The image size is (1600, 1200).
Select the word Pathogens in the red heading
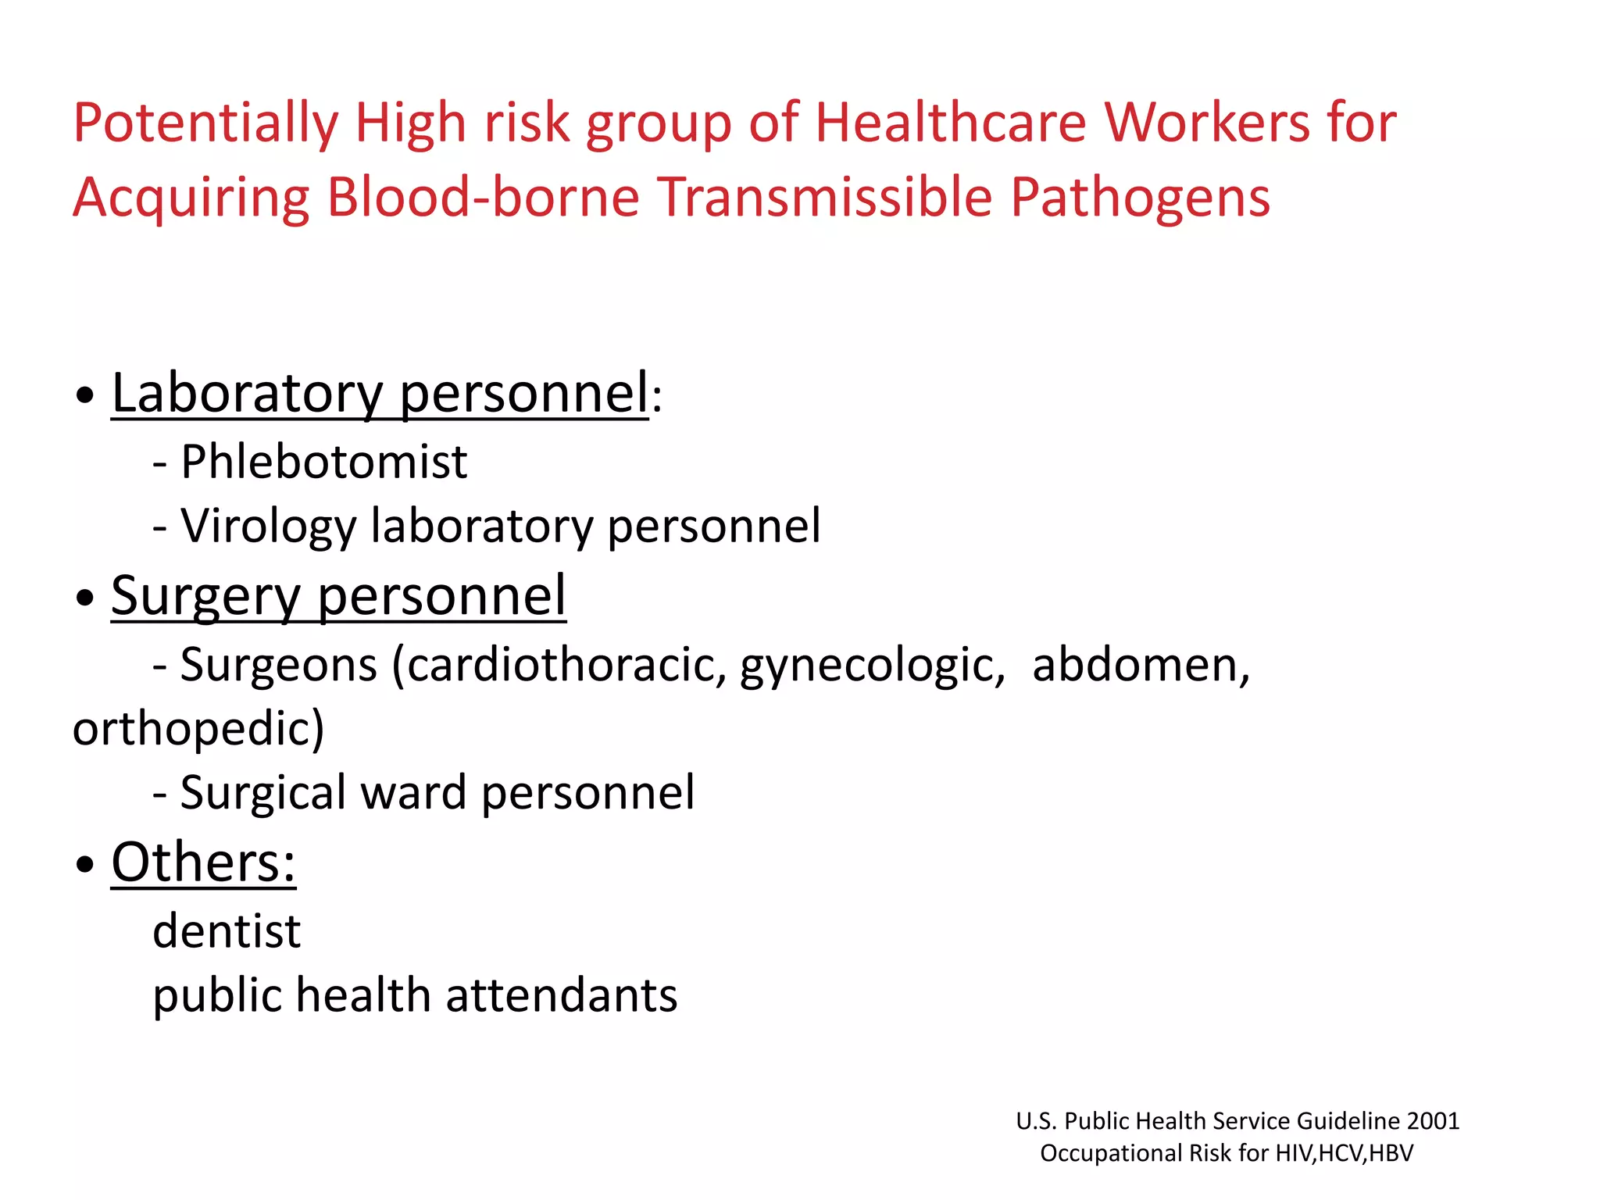tap(1140, 197)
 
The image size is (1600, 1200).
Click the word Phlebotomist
tap(323, 462)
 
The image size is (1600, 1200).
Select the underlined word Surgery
tap(205, 597)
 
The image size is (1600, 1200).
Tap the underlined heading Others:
tap(203, 862)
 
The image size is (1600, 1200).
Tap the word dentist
tap(227, 931)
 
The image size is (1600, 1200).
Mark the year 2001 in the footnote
tap(1433, 1121)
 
